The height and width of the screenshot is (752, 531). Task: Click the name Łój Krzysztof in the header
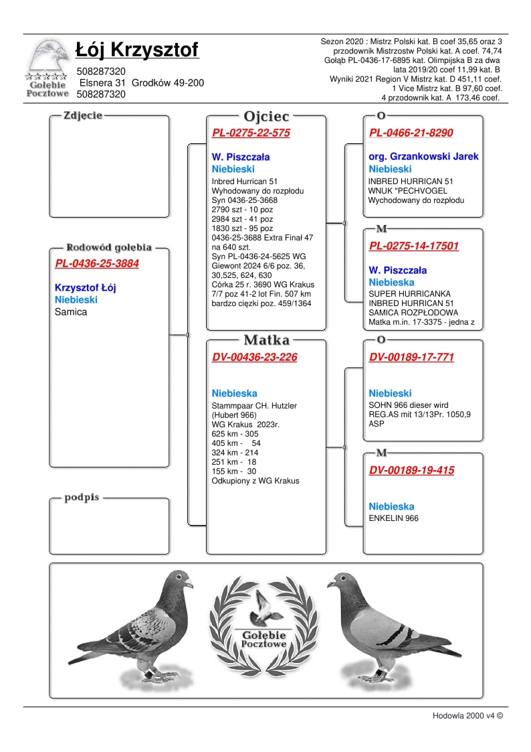[136, 50]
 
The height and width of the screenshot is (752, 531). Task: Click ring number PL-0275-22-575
[251, 133]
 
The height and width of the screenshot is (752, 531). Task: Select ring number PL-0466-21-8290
[411, 133]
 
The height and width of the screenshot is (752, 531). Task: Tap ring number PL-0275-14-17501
[414, 246]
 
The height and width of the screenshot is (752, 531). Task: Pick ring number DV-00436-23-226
[254, 357]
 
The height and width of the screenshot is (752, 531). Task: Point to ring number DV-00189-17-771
[411, 357]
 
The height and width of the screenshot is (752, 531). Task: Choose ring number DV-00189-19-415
[411, 470]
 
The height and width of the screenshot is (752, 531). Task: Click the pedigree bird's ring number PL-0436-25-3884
[97, 263]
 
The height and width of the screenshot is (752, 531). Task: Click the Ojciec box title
[266, 116]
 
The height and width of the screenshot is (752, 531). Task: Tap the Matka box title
[266, 340]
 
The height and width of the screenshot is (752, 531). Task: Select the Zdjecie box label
[83, 115]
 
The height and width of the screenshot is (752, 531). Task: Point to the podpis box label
[82, 498]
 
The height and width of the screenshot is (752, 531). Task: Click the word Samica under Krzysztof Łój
[71, 312]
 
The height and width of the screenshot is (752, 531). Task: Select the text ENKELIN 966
[394, 518]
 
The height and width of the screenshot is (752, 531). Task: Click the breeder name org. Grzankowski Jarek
[424, 157]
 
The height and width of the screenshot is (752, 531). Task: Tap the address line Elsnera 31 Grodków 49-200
[141, 83]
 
